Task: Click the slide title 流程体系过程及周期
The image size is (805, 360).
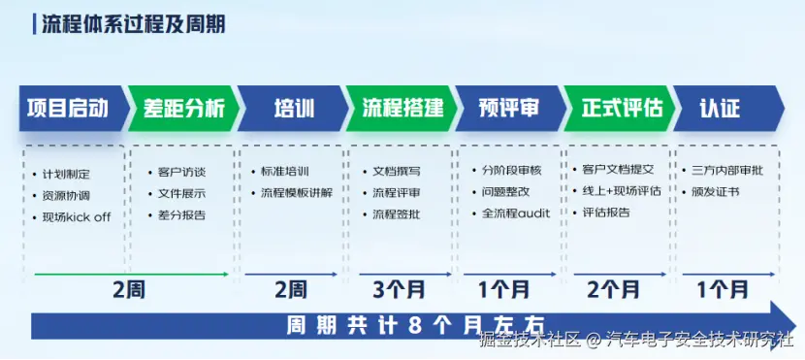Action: (134, 24)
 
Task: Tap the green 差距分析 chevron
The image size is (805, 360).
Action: (183, 109)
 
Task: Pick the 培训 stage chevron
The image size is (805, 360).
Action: (293, 109)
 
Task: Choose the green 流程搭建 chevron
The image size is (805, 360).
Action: (402, 109)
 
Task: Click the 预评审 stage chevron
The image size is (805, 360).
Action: (511, 109)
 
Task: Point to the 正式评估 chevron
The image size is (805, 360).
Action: (620, 109)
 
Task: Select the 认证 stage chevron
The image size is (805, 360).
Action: (729, 109)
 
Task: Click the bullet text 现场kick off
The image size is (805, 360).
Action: (77, 217)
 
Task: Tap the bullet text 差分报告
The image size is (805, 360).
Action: (182, 215)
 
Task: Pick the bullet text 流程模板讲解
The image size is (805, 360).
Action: (297, 193)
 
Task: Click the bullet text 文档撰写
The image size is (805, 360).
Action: (397, 172)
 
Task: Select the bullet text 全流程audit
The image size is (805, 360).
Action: (516, 213)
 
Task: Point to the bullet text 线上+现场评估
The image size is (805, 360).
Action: (622, 191)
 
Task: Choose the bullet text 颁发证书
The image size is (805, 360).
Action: (716, 191)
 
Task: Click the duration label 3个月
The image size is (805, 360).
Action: (399, 290)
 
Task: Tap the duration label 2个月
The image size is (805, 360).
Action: (613, 290)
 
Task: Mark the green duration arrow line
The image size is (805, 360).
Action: (132, 275)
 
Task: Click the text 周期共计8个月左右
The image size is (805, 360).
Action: (415, 326)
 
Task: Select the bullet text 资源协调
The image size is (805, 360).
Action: (67, 196)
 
